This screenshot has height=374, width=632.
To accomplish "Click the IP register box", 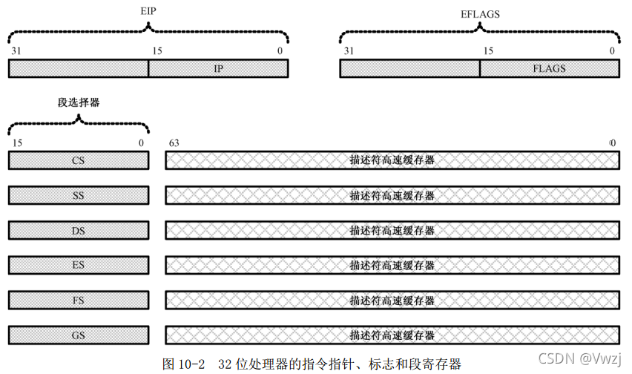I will [x=218, y=68].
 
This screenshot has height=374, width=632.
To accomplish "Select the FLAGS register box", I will [x=549, y=68].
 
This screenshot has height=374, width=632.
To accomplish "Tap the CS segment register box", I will [x=78, y=160].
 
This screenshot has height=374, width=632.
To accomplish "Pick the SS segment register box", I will [x=78, y=195].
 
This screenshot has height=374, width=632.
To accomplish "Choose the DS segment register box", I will [x=78, y=230].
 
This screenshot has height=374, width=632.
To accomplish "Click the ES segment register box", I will [x=78, y=265].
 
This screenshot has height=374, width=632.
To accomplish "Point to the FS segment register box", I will [x=78, y=300].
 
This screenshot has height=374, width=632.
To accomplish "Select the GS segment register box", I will [x=78, y=335].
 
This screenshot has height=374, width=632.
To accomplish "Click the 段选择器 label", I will [x=78, y=103].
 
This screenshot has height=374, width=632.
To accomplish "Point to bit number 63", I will [x=174, y=142].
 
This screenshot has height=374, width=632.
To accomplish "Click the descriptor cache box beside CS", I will [x=392, y=160].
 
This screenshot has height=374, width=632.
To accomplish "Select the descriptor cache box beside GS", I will [x=392, y=335].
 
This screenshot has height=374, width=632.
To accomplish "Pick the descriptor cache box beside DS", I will [x=392, y=230].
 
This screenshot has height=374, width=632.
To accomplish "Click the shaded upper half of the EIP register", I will [x=78, y=68].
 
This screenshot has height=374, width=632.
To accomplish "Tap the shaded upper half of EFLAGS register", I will [x=409, y=68].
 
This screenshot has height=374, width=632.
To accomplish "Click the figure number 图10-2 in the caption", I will [x=183, y=364].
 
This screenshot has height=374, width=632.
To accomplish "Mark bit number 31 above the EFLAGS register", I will [x=349, y=50].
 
